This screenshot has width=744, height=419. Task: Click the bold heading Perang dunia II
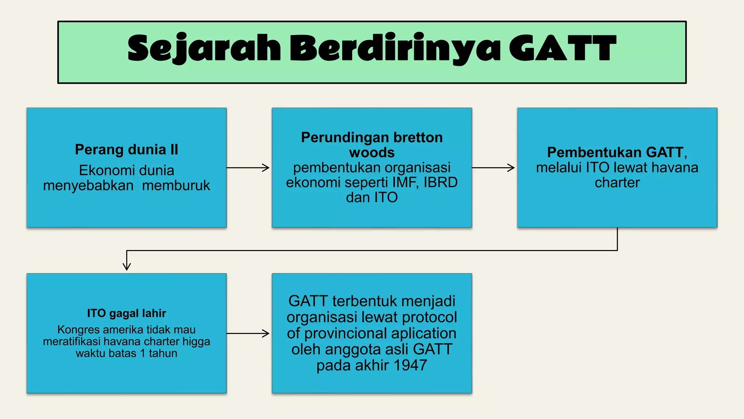[126, 149]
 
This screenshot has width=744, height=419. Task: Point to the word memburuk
[176, 185]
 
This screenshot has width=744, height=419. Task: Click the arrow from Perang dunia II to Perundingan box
[248, 168]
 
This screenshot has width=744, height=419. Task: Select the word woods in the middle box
[372, 152]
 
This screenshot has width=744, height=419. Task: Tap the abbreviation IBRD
[440, 182]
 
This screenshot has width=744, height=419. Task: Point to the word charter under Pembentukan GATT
[617, 183]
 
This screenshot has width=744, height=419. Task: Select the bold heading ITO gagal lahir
[126, 313]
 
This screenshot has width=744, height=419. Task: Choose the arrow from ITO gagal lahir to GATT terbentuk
[248, 333]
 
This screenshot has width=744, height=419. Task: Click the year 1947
[410, 365]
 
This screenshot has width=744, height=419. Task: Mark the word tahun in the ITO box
[163, 353]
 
